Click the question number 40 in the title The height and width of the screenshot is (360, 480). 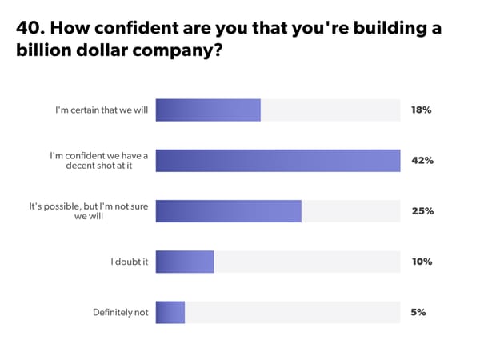click(x=29, y=29)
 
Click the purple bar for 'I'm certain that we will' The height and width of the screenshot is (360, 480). click(x=208, y=110)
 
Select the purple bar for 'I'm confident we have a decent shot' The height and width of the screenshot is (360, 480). click(x=278, y=161)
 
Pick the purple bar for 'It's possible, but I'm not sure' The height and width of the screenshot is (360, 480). click(x=228, y=211)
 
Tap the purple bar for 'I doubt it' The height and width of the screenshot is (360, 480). click(x=185, y=262)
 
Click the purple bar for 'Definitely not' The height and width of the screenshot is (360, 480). click(x=170, y=312)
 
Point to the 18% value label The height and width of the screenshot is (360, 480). click(x=422, y=110)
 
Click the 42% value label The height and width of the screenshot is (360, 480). click(x=422, y=161)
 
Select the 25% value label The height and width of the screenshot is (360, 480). click(x=422, y=211)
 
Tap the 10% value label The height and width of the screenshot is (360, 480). click(x=422, y=262)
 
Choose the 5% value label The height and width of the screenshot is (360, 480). click(x=418, y=312)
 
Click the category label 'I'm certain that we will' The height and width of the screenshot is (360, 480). click(x=102, y=110)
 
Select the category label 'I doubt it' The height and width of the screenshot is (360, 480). click(x=130, y=262)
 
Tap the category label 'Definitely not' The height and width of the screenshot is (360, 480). click(x=121, y=312)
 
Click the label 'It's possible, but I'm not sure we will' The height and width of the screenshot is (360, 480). click(x=89, y=211)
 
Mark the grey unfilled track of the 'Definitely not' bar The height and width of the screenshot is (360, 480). click(x=292, y=312)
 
